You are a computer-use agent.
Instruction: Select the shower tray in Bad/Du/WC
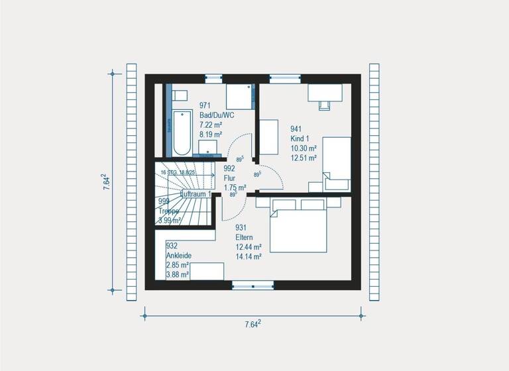(x=239, y=97)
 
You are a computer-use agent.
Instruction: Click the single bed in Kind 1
(x=337, y=163)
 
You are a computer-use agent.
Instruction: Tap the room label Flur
(x=230, y=178)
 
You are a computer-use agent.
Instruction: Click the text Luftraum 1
(x=196, y=194)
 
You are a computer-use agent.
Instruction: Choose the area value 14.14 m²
(x=249, y=257)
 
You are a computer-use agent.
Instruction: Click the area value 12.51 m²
(x=304, y=158)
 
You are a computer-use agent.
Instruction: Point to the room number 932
(x=171, y=245)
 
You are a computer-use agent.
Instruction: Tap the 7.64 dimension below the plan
(x=253, y=324)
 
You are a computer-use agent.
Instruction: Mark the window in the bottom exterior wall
(x=253, y=286)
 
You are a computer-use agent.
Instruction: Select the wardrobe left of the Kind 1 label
(x=268, y=137)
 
